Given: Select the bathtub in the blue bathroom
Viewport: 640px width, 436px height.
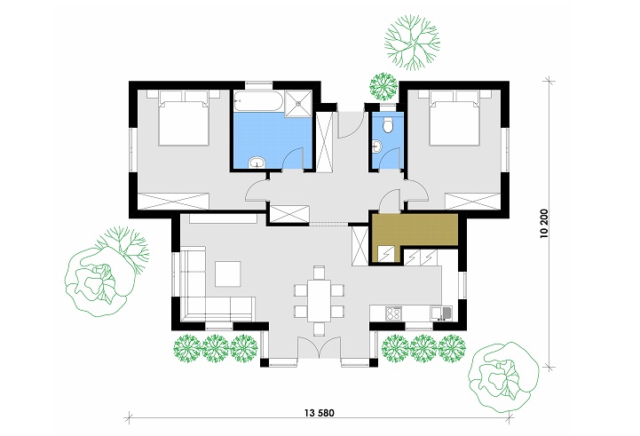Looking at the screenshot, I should tap(258, 102).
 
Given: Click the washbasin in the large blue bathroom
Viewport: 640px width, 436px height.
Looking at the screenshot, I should tap(257, 162).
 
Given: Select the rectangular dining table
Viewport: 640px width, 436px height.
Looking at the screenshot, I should tap(317, 300).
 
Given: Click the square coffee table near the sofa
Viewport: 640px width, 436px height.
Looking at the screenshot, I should tap(227, 273).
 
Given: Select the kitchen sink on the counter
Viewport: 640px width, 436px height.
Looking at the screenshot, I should tap(439, 313).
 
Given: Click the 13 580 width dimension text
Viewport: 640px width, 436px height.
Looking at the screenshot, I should tap(317, 413).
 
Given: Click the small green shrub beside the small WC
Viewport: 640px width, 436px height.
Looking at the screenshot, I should tap(383, 85).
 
